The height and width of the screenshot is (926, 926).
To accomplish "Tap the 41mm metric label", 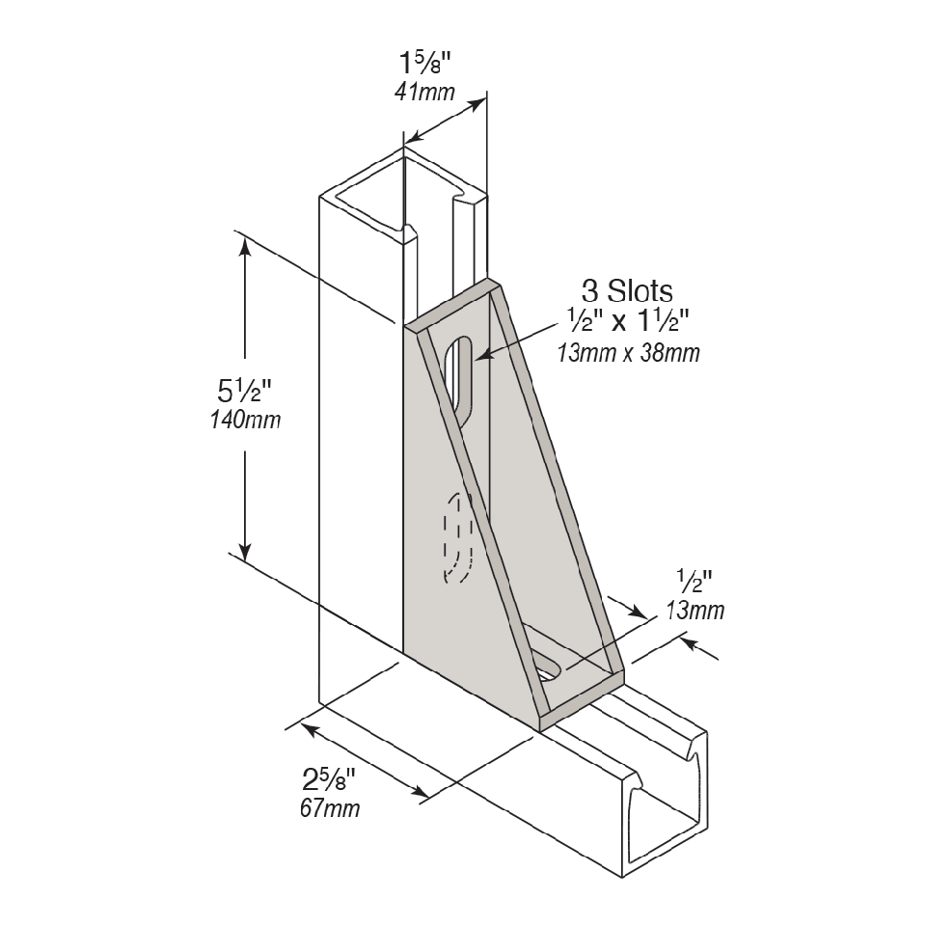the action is (424, 93).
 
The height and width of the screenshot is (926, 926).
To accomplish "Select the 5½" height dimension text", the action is (244, 390).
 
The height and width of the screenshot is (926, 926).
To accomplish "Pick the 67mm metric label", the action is (330, 808).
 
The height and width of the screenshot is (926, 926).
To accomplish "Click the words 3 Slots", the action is (627, 291).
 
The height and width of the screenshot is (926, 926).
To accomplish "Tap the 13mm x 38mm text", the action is (628, 353).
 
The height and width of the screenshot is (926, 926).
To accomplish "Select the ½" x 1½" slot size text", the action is (628, 322).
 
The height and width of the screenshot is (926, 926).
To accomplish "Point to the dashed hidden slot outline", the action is (458, 538).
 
